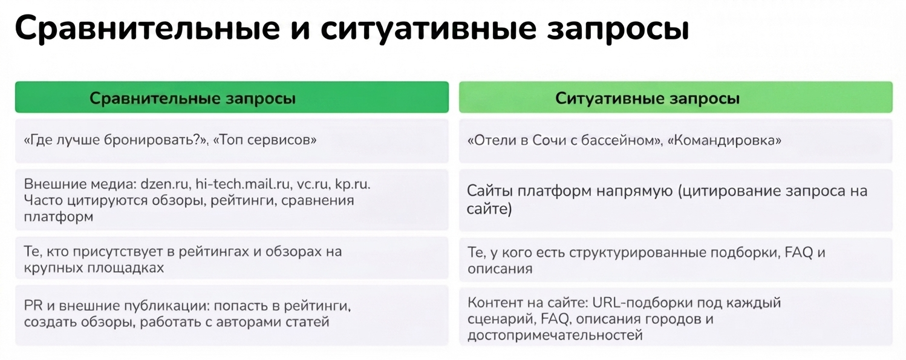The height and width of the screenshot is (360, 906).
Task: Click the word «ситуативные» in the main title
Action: point(428,28)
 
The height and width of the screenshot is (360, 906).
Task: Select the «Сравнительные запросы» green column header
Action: point(232,97)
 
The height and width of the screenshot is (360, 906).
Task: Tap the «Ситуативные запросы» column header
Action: point(676,97)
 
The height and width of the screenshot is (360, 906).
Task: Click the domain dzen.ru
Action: point(165,184)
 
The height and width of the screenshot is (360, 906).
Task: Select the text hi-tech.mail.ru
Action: point(243,184)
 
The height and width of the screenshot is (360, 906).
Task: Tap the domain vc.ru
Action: point(313,185)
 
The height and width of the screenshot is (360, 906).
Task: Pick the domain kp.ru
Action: point(352,185)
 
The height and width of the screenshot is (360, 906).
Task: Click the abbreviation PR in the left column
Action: point(33,306)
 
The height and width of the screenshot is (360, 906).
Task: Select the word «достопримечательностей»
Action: point(555,335)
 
